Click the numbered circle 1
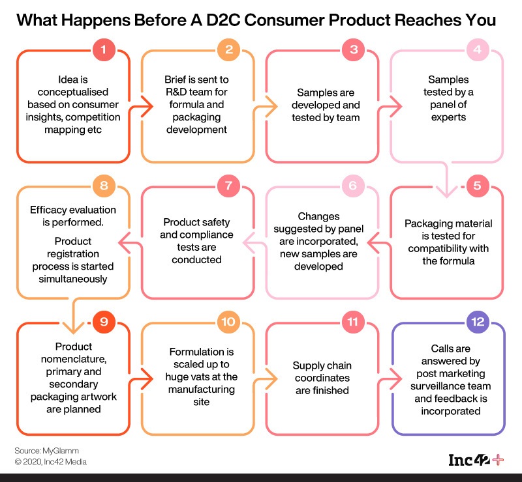(104, 49)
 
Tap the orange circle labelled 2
(228, 49)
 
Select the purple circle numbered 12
(477, 321)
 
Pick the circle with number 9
(104, 321)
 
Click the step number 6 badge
(353, 186)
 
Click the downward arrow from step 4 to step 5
(447, 186)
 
